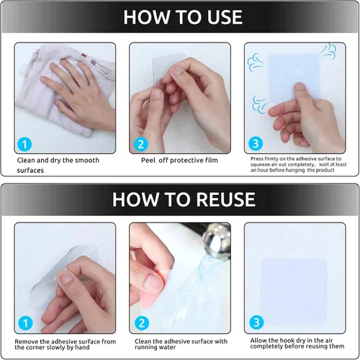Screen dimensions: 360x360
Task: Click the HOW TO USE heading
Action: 183,17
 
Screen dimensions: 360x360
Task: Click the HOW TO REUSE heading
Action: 184,199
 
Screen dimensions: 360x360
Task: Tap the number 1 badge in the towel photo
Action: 24,145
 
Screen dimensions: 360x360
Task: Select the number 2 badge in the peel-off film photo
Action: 140,145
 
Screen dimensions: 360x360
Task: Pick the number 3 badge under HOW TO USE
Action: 256,143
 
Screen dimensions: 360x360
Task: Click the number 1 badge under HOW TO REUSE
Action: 25,323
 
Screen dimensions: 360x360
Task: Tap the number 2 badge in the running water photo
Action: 142,323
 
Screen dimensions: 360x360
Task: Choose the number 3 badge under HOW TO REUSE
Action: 256,323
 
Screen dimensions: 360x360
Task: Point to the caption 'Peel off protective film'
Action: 179,161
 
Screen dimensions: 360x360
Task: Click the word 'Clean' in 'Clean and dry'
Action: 26,161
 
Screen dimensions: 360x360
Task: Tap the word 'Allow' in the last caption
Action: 258,341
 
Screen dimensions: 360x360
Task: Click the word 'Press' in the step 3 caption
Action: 257,158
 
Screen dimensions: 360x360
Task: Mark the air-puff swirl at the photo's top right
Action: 329,52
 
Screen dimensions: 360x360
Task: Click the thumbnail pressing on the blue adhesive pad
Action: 300,87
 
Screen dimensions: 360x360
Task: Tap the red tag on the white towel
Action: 84,55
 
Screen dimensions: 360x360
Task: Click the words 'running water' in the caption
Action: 155,347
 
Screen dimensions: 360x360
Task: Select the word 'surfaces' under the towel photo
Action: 30,171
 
